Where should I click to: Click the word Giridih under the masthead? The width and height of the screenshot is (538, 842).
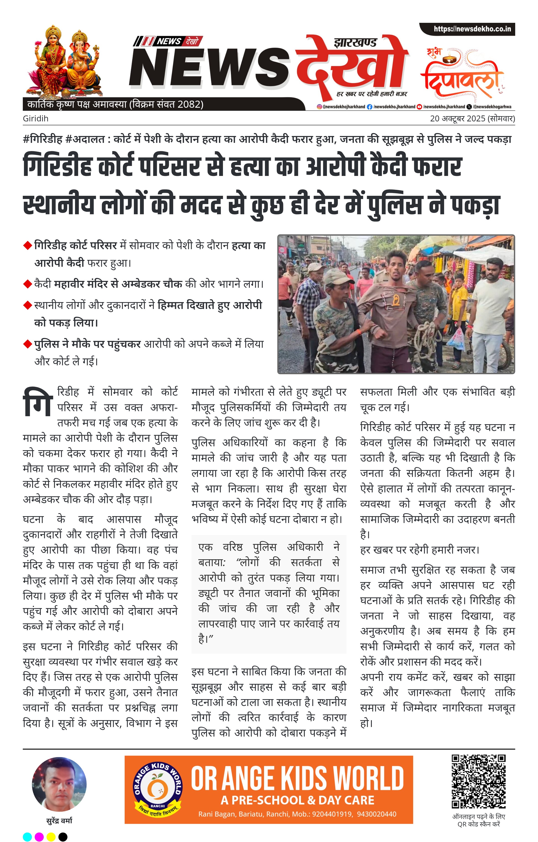coord(36,118)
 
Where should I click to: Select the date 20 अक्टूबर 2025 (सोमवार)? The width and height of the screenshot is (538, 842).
coord(472,118)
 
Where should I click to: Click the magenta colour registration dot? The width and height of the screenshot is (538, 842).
coord(39,837)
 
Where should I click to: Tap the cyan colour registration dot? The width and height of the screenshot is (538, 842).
coord(27,837)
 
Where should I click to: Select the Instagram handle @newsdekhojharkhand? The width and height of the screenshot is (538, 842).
coord(341,107)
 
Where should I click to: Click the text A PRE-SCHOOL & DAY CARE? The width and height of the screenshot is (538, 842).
coord(297,800)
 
